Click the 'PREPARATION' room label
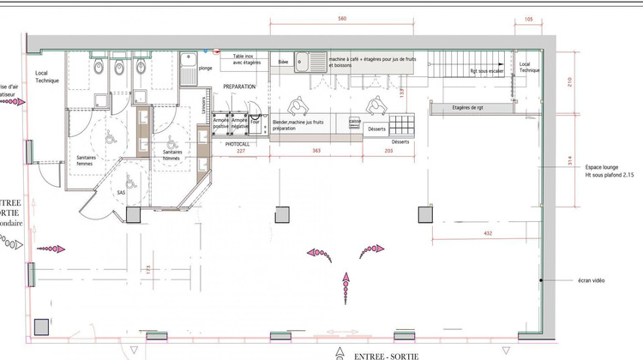(x=241, y=87)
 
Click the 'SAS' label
(x=121, y=194)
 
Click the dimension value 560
(x=341, y=19)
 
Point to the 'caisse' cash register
(x=354, y=122)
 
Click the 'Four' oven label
(x=255, y=122)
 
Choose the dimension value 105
(x=528, y=19)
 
